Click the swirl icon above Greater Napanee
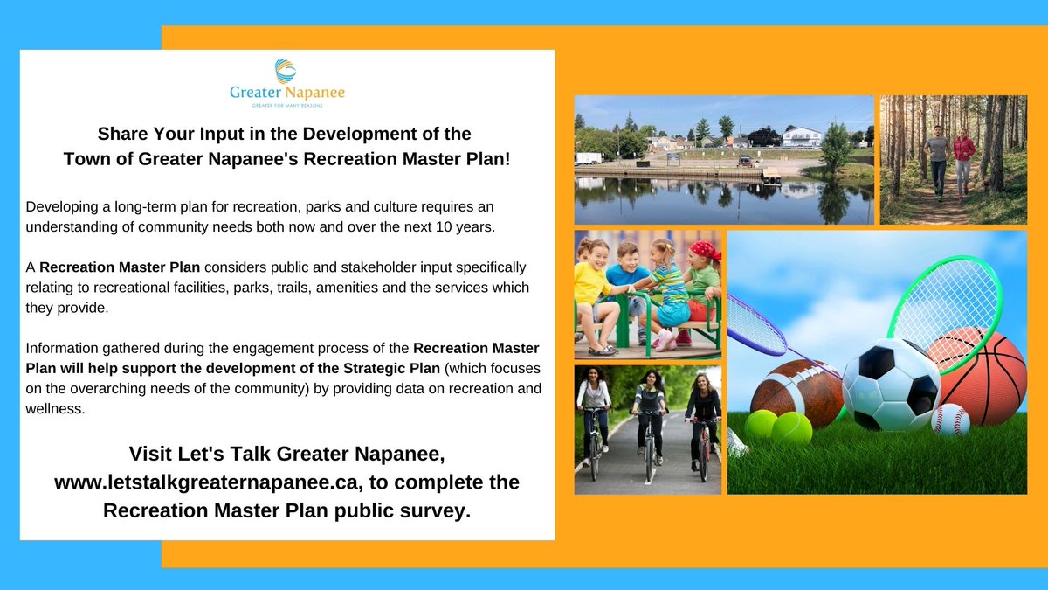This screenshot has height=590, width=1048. [x=286, y=70]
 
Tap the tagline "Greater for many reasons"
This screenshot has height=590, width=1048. [x=286, y=105]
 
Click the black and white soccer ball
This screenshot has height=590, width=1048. [x=891, y=385]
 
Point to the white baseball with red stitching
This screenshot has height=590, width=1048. [x=950, y=420]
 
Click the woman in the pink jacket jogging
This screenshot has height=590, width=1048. [x=964, y=157]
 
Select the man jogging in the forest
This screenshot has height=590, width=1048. [x=937, y=157]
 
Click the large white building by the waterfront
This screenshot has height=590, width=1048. [x=801, y=137]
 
